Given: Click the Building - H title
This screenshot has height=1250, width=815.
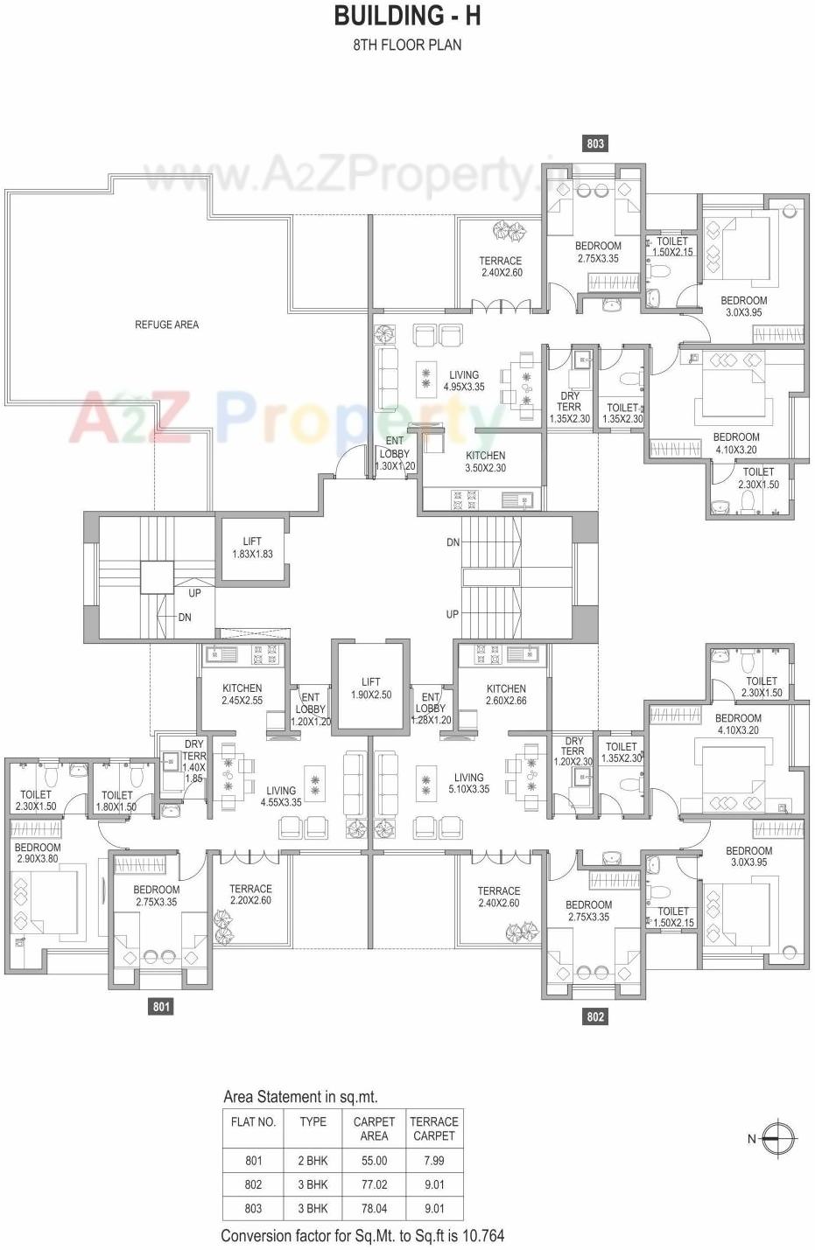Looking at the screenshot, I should [x=407, y=16].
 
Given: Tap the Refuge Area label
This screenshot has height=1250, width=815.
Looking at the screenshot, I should [x=166, y=325].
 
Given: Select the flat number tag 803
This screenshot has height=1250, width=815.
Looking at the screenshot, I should [x=595, y=143].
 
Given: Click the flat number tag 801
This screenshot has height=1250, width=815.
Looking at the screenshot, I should [x=162, y=1007].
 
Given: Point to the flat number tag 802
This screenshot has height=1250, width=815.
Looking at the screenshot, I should [x=595, y=1016].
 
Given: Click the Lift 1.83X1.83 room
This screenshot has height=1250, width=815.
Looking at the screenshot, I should [x=252, y=548].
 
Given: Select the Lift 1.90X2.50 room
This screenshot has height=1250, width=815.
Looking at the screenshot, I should [x=370, y=688].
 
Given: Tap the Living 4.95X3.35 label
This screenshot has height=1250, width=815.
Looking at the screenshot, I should [x=464, y=381].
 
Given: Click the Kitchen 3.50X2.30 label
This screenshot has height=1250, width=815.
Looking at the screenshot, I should [x=485, y=462].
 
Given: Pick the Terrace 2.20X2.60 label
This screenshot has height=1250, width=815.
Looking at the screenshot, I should [x=250, y=894].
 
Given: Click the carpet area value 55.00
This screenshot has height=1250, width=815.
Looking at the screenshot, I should [x=374, y=1161].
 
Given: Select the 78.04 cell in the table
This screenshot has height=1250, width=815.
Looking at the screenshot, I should [x=374, y=1208].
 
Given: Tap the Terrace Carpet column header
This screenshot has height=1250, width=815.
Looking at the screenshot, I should [x=434, y=1128].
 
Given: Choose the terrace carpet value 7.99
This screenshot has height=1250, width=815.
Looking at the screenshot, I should [x=434, y=1161].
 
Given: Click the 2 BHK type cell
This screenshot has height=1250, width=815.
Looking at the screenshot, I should [x=313, y=1161].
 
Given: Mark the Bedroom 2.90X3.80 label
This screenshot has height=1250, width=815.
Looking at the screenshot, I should [x=38, y=853].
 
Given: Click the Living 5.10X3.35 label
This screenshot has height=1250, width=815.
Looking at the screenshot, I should [x=468, y=783].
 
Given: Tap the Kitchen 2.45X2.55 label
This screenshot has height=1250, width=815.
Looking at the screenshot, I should [x=242, y=695].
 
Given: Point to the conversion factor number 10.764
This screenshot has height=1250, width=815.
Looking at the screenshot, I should [x=479, y=1236].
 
